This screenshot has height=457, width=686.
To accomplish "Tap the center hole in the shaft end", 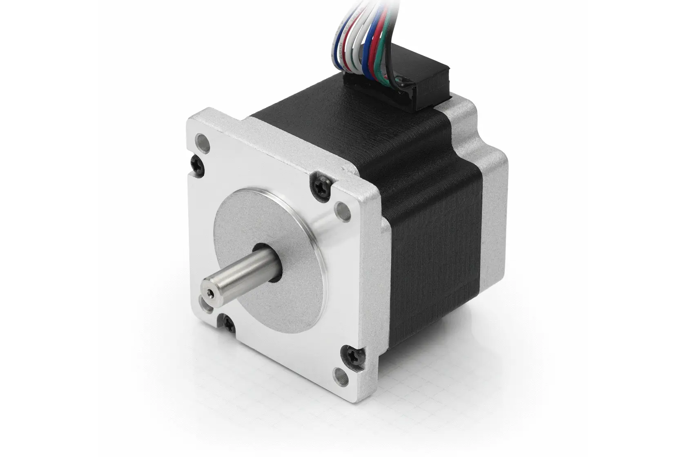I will [x=210, y=292].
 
